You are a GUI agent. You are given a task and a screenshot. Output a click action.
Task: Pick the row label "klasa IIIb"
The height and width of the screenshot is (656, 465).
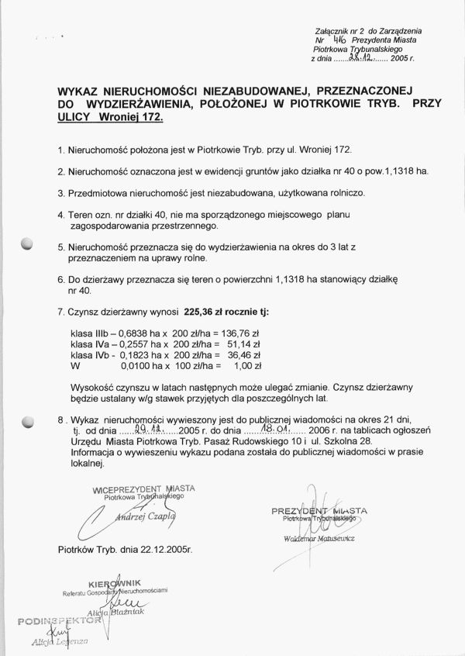pyautogui.click(x=92, y=332)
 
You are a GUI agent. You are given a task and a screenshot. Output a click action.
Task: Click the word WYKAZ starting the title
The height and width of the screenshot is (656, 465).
pyautogui.click(x=81, y=90)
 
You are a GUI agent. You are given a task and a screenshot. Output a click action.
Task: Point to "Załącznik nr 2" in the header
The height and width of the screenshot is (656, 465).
pyautogui.click(x=340, y=29)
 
